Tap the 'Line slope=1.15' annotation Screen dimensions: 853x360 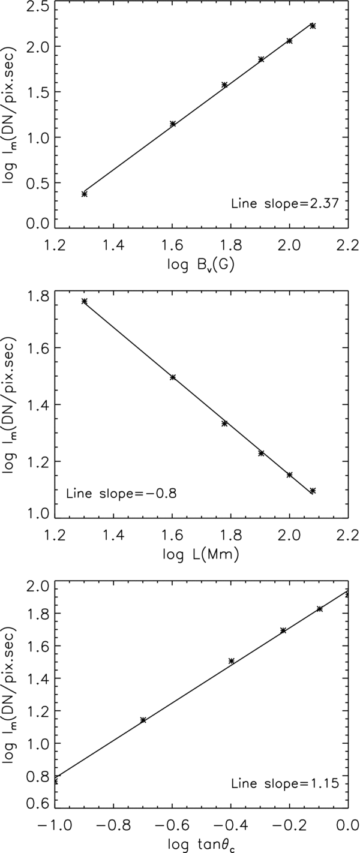(286, 784)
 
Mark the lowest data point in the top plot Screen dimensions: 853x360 (85, 194)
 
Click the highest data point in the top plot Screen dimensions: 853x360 (313, 26)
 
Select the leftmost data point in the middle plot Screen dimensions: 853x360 (85, 301)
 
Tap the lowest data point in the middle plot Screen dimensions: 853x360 (313, 491)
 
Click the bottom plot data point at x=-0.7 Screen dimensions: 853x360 (143, 720)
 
